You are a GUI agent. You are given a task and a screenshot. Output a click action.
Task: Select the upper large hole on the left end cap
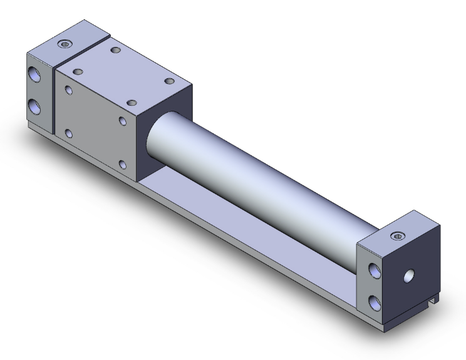[34, 75]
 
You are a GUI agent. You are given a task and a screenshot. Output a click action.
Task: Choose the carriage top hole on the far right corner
[168, 80]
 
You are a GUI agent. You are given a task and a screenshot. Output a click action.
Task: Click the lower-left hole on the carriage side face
[68, 133]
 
